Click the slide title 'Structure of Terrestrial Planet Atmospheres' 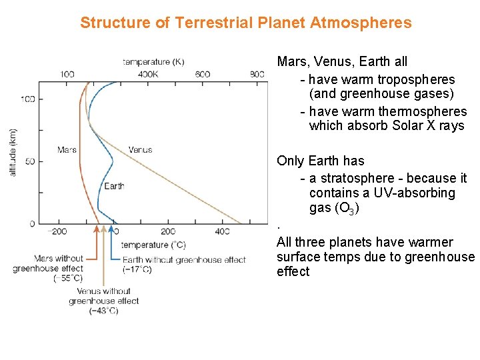pos(246,23)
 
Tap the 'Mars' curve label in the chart pos(67,150)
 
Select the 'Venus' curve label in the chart pos(140,150)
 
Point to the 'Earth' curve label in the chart pos(114,186)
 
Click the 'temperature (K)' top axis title pos(153,62)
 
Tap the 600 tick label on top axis pos(203,74)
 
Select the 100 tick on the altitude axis pos(27,99)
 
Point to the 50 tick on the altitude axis pos(30,161)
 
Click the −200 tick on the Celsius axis pos(58,232)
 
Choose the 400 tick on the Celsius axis pos(222,232)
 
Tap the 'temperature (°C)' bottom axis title pos(153,245)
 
